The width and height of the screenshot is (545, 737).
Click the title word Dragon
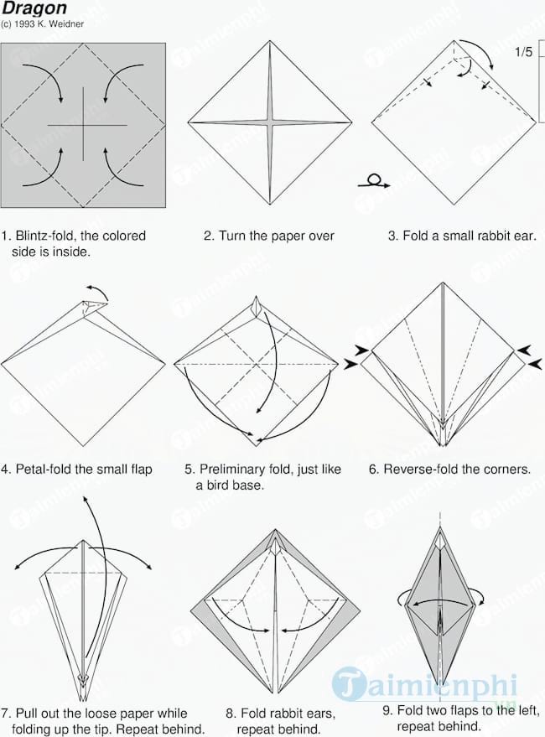point(34,8)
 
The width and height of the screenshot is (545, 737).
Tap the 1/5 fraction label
point(523,52)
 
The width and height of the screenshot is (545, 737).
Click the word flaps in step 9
point(465,710)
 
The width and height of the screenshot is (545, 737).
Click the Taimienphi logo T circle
point(349,683)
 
